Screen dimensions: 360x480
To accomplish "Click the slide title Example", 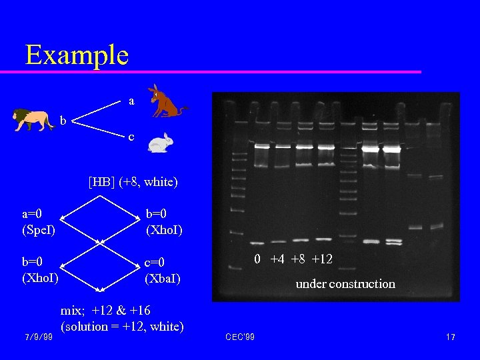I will (x=77, y=54).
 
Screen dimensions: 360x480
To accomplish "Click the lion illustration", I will (x=34, y=120).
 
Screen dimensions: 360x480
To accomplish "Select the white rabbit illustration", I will (x=159, y=142).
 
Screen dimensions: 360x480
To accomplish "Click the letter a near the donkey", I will (x=131, y=101).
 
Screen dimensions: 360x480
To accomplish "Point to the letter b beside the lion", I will (x=63, y=121).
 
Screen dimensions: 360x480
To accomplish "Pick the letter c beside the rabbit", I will (x=131, y=137).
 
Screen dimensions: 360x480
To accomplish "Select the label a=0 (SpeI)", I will (x=39, y=222).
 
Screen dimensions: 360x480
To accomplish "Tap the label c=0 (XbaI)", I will (x=163, y=270).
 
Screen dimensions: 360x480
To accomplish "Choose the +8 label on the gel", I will (x=299, y=259).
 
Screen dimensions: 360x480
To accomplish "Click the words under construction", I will (x=345, y=284).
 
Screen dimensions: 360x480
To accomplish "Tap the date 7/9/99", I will (x=38, y=337).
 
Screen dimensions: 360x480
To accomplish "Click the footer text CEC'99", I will (x=239, y=337).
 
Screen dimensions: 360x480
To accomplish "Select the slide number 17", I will (x=451, y=337).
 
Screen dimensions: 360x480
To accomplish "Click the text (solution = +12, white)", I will (x=122, y=327).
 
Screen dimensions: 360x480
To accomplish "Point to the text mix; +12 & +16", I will (x=105, y=311).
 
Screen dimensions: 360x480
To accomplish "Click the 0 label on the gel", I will (x=257, y=259).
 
